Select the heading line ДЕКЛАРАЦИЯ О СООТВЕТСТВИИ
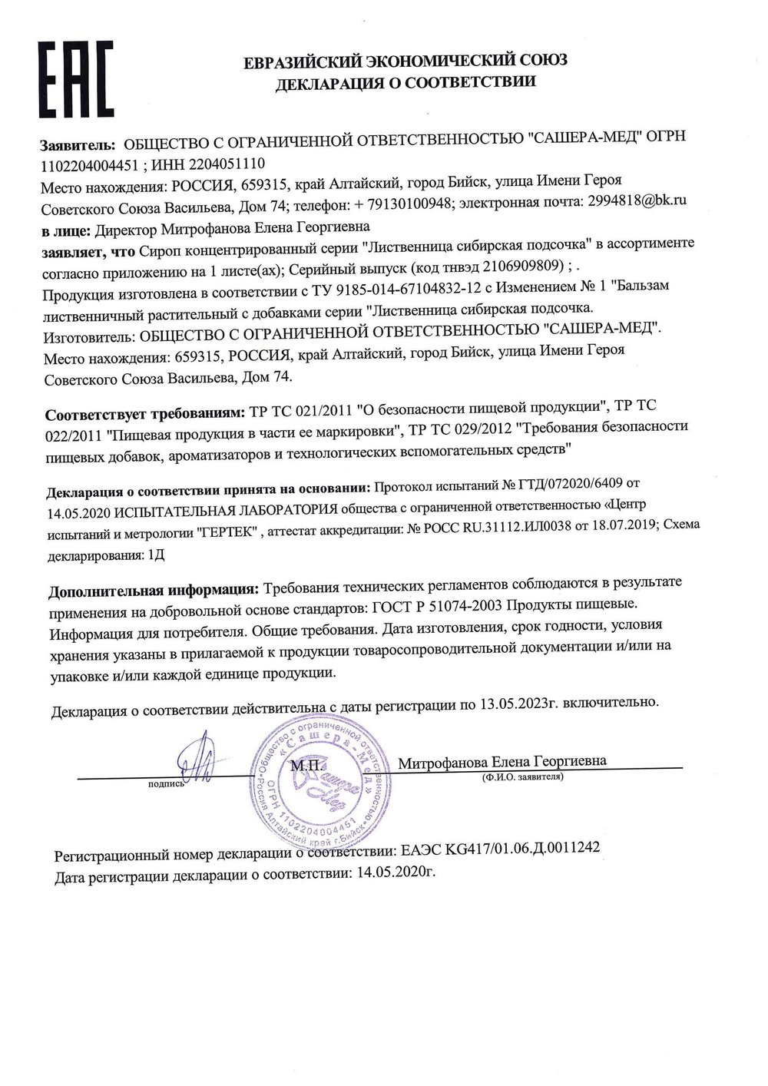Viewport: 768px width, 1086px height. pyautogui.click(x=406, y=81)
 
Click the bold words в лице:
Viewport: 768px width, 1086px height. pyautogui.click(x=66, y=227)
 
